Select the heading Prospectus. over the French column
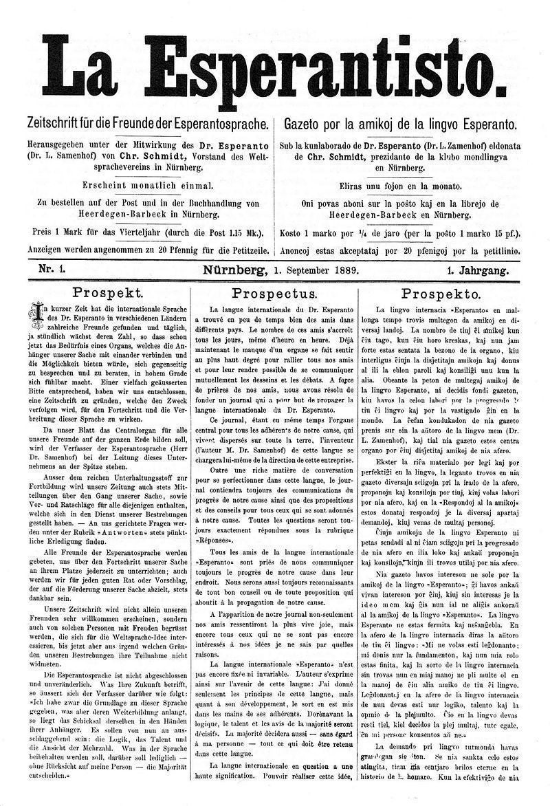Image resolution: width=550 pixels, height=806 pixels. click(273, 293)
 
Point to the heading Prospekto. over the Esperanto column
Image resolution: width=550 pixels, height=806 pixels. click(440, 293)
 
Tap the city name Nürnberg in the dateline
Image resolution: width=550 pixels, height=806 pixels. click(232, 270)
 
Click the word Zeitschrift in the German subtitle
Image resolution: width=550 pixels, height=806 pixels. click(56, 126)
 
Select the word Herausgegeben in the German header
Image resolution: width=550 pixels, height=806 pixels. click(60, 146)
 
